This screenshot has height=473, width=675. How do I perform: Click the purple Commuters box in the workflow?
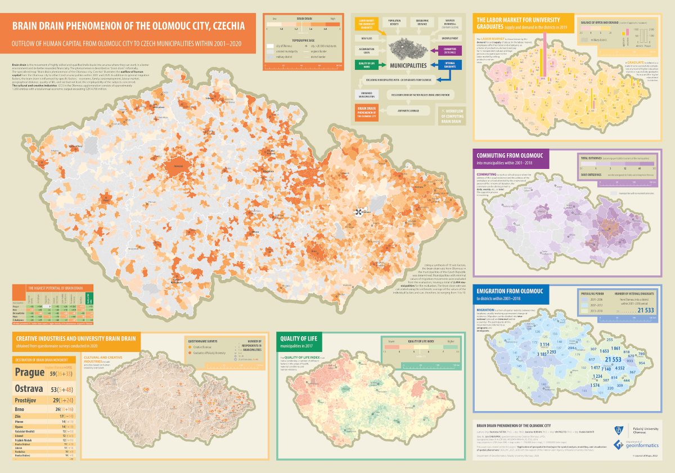(x=445, y=51)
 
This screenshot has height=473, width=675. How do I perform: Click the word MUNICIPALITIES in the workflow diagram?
(x=408, y=65)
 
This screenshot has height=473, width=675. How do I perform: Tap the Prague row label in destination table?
(x=29, y=372)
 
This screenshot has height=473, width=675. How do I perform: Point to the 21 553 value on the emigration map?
(x=613, y=359)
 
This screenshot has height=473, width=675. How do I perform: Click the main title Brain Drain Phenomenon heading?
(x=129, y=26)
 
